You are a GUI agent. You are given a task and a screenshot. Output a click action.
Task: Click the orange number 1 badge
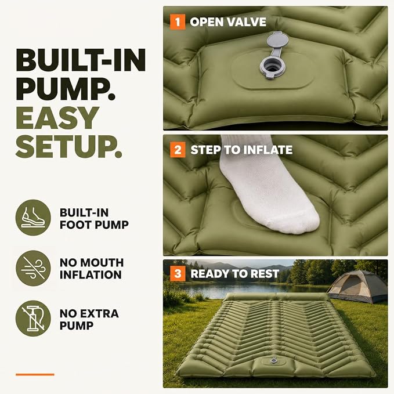tap(178, 22)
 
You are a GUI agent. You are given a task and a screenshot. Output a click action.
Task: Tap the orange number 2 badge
tap(178, 150)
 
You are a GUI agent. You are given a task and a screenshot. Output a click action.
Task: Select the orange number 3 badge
tap(178, 273)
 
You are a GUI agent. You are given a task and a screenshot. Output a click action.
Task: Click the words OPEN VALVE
tap(228, 22)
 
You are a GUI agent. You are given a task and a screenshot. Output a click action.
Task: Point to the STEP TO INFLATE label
tap(241, 150)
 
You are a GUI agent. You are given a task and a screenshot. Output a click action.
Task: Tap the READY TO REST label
tap(234, 274)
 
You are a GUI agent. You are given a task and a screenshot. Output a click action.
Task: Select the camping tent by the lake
tap(358, 287)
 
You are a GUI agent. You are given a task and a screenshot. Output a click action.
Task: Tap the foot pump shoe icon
tap(33, 218)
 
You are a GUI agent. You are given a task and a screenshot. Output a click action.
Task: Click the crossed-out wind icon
tap(33, 268)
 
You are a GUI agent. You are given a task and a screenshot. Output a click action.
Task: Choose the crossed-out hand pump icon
tap(33, 319)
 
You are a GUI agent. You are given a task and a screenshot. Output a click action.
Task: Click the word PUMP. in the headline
tap(66, 89)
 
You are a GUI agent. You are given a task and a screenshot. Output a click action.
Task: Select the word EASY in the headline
tap(57, 118)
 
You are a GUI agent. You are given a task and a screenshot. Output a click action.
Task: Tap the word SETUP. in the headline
tap(69, 146)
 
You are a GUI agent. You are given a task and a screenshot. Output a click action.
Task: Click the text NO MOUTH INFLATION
tap(92, 269)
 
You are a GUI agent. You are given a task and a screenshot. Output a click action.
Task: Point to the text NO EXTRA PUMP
tap(89, 319)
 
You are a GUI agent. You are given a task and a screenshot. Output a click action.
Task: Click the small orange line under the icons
tap(35, 374)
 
